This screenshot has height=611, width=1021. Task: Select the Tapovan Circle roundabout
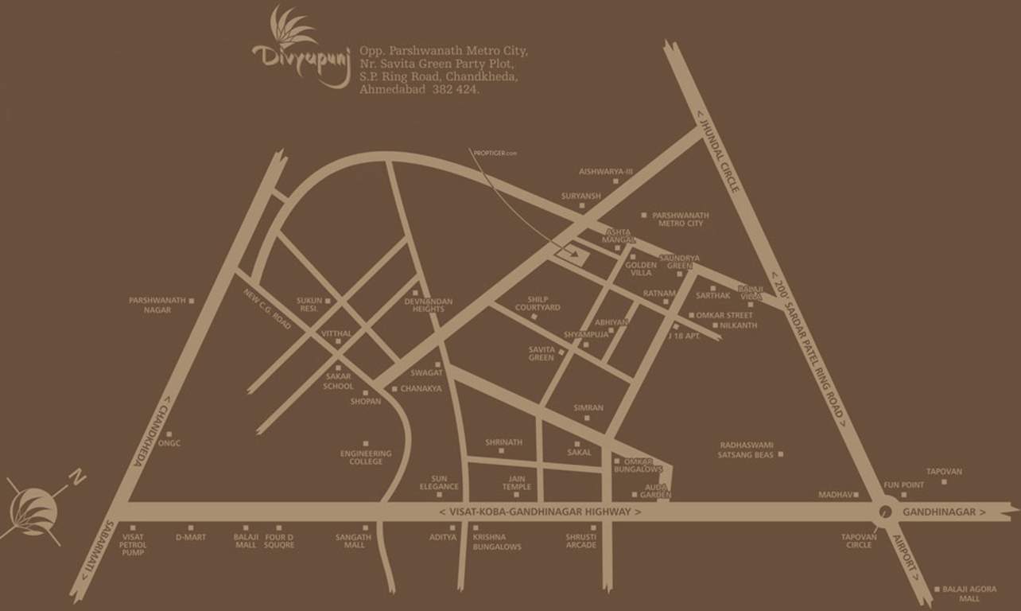pos(882,512)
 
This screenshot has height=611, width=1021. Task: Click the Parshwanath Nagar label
pos(157,305)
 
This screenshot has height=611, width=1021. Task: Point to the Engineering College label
pos(366,457)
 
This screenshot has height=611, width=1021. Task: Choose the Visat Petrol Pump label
pos(133,545)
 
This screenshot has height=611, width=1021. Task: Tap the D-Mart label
pos(191,538)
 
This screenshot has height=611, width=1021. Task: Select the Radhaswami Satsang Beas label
pos(747,450)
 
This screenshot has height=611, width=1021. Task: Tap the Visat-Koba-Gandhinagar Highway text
pos(540,512)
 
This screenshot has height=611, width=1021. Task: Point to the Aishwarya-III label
pos(606,171)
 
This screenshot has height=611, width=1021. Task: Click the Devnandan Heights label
pos(428,305)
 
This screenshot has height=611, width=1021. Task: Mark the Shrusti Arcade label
pos(581,541)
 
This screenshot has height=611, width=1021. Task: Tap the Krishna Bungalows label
pos(497,542)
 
